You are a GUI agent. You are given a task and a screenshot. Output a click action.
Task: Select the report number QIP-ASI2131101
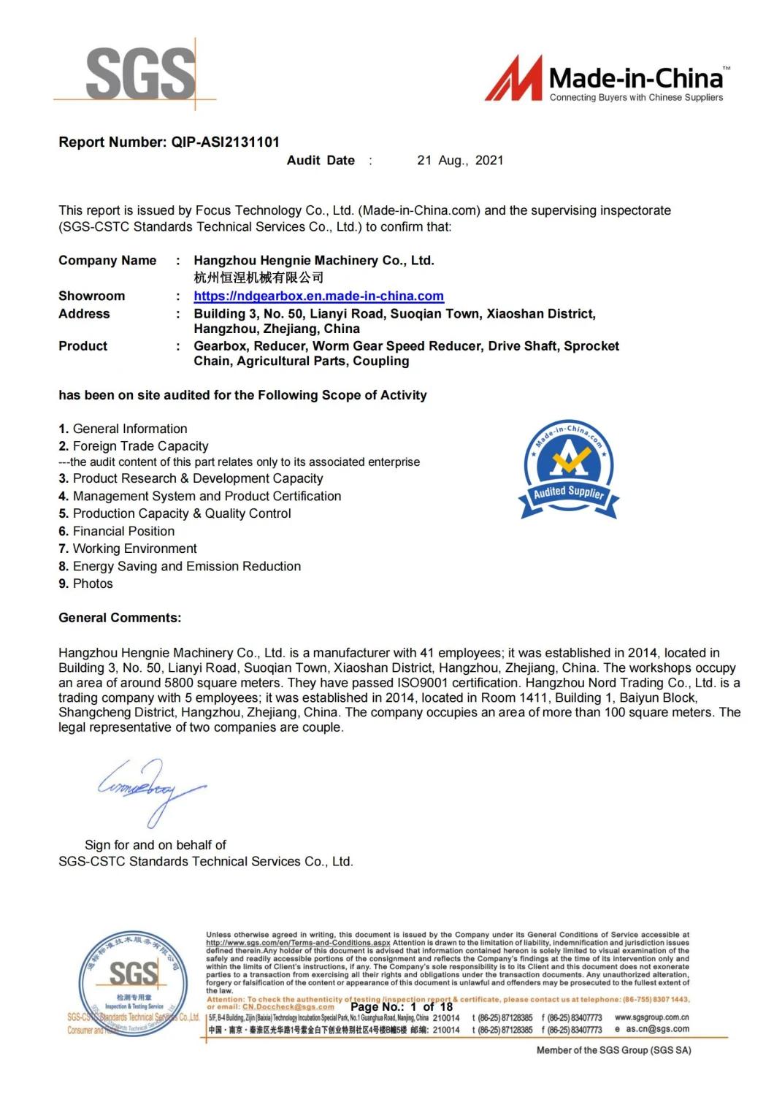(x=225, y=142)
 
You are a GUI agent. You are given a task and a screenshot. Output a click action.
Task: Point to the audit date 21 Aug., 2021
(x=460, y=161)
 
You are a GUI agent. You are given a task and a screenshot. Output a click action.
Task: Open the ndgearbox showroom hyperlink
(x=318, y=297)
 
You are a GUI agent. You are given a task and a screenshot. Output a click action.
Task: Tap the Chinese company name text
(x=258, y=278)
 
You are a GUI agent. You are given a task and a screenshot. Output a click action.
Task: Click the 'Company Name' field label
(x=107, y=261)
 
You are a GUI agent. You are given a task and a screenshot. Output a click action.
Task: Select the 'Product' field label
(x=83, y=346)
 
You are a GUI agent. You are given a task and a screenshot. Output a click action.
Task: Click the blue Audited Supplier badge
(x=569, y=470)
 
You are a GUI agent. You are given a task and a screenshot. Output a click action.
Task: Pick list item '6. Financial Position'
(x=117, y=532)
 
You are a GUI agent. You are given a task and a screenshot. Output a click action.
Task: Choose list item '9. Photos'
(x=86, y=584)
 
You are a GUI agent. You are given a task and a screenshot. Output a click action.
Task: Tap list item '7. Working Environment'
(x=128, y=549)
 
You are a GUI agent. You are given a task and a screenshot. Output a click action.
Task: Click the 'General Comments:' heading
(x=120, y=618)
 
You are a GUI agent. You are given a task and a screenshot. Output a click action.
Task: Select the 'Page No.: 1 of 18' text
(x=402, y=1006)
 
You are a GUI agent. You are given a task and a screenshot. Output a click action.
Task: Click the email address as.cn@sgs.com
(x=657, y=1029)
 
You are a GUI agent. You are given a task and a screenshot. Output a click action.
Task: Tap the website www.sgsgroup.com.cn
(x=651, y=1017)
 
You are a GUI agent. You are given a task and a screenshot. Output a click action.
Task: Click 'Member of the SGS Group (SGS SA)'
(x=613, y=1050)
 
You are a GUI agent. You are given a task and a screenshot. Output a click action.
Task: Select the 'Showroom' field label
(x=91, y=297)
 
